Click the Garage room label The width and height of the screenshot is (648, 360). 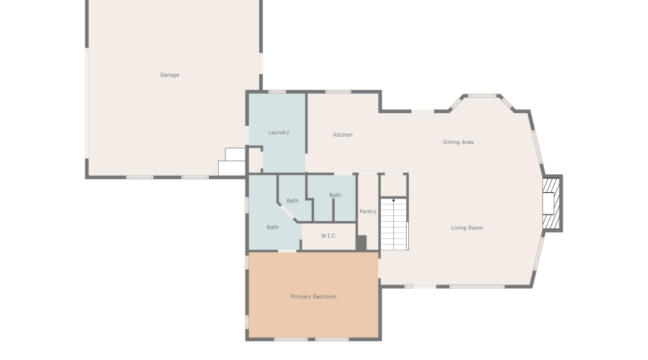point(169,75)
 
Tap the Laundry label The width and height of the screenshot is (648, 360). point(279,132)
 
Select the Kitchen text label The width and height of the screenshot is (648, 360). point(343,135)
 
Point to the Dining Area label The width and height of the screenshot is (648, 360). point(459,142)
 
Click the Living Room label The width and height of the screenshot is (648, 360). point(467,228)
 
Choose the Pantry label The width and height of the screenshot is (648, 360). point(368,211)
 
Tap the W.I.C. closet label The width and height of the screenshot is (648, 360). point(329,235)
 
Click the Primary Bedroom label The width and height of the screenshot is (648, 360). point(314,297)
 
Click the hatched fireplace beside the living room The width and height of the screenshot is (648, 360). point(551,203)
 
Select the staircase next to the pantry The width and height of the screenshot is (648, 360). point(394,224)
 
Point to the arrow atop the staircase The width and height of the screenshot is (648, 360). point(394,201)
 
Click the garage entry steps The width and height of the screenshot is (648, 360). point(233,162)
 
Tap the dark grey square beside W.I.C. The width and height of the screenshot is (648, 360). point(361,243)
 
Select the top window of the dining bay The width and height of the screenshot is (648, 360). point(482,96)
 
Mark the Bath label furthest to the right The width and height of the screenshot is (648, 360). point(335,195)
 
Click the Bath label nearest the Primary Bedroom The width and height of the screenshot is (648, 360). point(272,228)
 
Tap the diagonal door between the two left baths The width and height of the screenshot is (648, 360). point(287,212)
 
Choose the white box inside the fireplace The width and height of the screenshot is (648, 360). point(548,203)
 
